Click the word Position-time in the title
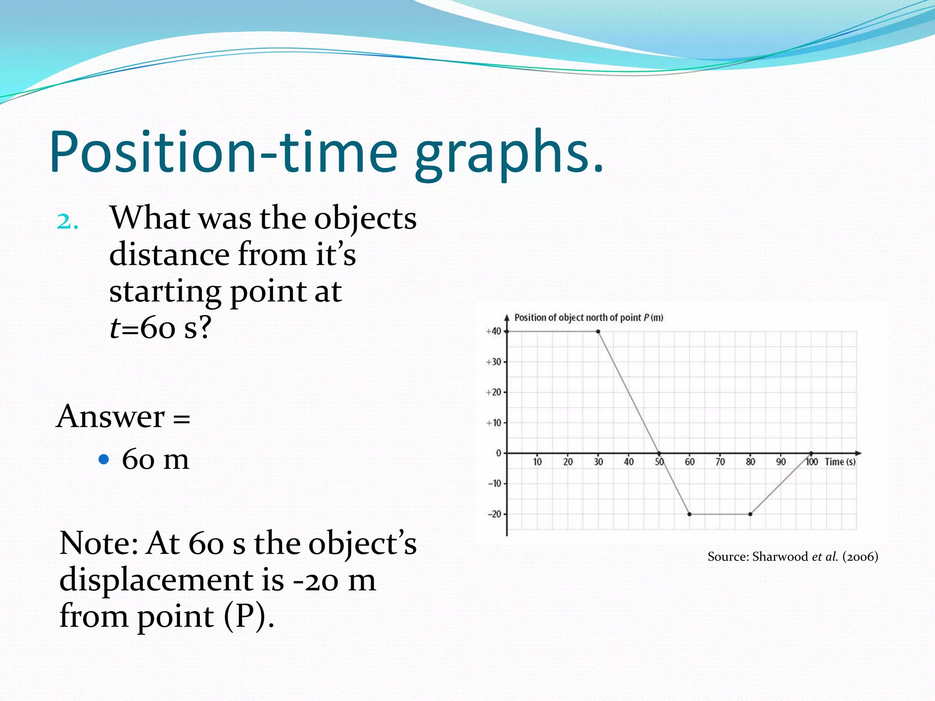coord(224,153)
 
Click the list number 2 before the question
coord(67,222)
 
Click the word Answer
coord(110,417)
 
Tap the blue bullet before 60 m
coord(104,459)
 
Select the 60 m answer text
coord(155,459)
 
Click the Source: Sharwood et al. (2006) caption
coord(793,557)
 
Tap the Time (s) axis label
coord(840,462)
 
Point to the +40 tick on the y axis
coord(494,331)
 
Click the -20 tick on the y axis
coord(494,514)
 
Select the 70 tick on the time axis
coord(720,462)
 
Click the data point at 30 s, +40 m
coord(598,331)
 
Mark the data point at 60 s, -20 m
coord(689,514)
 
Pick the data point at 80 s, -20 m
coord(750,514)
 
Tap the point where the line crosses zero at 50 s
coord(659,453)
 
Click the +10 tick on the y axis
coord(494,423)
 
